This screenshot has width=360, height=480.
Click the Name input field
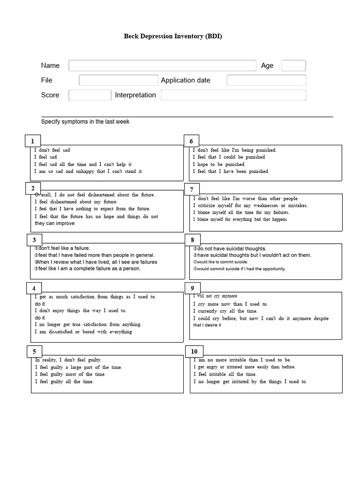point(162,66)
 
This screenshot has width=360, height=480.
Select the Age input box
point(293,66)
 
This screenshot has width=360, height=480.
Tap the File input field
point(119,80)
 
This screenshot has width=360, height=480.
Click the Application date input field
point(266,80)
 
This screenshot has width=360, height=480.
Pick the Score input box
point(90,95)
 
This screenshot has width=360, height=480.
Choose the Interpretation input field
point(233,95)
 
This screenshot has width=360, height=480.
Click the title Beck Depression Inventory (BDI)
point(173,36)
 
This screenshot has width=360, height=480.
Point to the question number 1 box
point(33,141)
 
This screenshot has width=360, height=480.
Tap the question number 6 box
point(191,141)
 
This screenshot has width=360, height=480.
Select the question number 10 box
point(194,352)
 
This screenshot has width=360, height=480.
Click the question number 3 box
point(34,240)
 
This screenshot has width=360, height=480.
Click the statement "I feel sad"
point(45,157)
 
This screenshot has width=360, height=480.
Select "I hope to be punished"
point(218,165)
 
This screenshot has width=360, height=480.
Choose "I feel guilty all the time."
point(64,382)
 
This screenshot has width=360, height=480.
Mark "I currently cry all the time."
point(225,311)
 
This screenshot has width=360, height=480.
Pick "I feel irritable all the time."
point(225,375)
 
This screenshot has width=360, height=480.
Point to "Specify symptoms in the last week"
point(85,122)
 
